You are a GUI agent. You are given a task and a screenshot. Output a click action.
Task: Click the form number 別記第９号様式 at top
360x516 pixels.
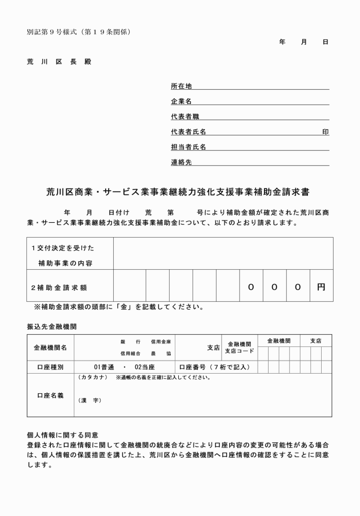[54, 31]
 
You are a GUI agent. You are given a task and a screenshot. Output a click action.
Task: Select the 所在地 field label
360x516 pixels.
[182, 86]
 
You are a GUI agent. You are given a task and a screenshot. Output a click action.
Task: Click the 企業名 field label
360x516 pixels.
[182, 101]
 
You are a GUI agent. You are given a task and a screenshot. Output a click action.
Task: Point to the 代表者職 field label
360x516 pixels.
[185, 117]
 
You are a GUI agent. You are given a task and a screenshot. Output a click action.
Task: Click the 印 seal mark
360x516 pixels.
[325, 132]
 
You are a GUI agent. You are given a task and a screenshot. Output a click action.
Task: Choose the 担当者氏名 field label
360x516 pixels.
[188, 147]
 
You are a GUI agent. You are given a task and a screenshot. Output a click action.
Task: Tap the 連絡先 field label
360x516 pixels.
[182, 162]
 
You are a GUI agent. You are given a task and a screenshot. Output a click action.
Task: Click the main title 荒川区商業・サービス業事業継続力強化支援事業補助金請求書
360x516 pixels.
[179, 193]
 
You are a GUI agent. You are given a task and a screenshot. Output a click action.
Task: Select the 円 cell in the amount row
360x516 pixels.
[321, 286]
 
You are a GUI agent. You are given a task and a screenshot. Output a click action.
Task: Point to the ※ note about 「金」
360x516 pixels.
[119, 307]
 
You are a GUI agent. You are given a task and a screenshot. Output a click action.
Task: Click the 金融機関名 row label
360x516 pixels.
[50, 347]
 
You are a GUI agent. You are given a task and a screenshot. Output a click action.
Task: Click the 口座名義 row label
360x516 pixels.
[50, 395]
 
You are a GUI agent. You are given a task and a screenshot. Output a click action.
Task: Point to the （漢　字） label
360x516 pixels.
[89, 400]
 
